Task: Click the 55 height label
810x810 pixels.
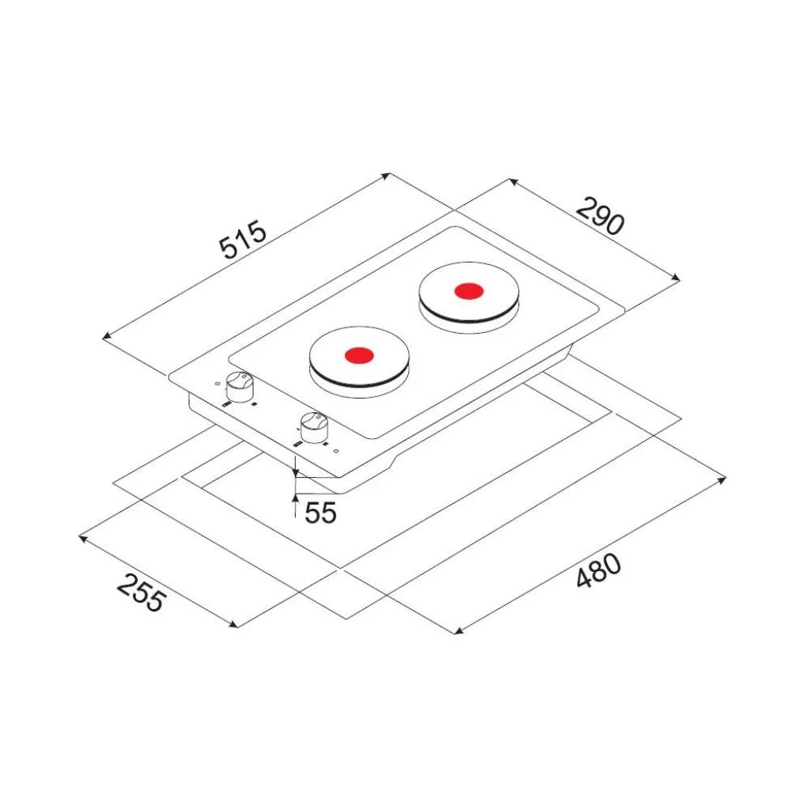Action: pos(320,513)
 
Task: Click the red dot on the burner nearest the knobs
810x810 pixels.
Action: pos(359,355)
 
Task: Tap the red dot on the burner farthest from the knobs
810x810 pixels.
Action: pos(469,291)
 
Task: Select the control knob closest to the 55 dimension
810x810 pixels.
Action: pos(313,428)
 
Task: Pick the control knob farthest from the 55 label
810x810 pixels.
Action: pos(240,387)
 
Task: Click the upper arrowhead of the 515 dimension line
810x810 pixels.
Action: pos(386,176)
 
